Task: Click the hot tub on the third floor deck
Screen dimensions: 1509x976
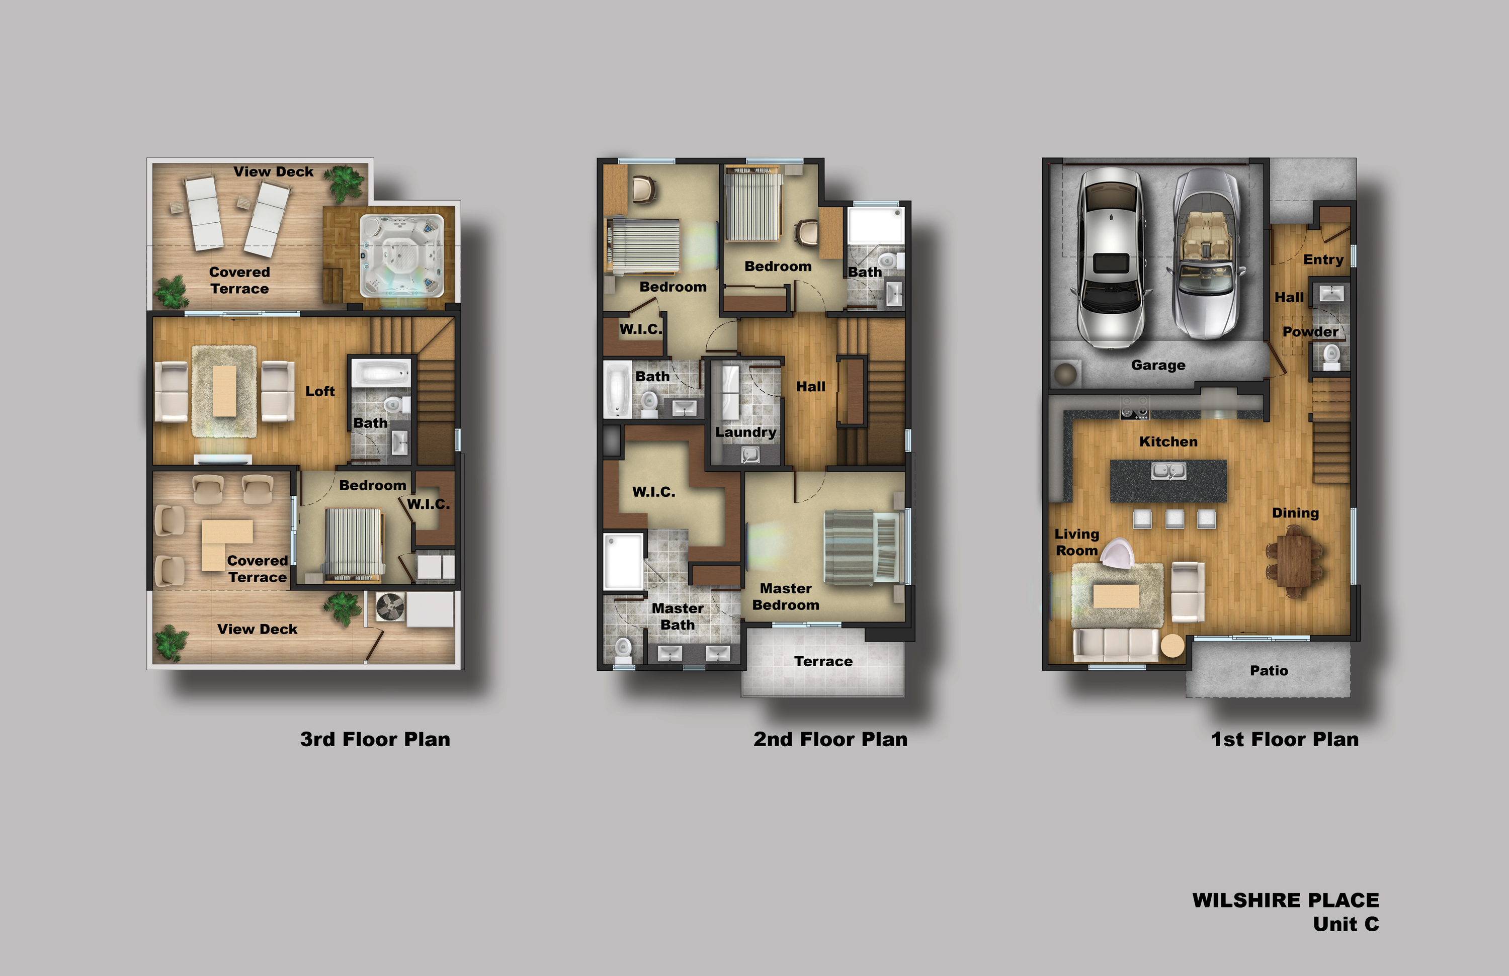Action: coord(402,256)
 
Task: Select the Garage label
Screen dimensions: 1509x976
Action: coord(1158,365)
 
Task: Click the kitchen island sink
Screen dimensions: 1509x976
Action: coord(1168,471)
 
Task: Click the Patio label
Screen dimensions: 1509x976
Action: coord(1269,670)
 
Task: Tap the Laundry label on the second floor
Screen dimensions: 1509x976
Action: coord(745,432)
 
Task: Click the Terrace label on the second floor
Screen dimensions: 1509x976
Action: coord(823,662)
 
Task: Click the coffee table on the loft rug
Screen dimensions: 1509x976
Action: coord(224,391)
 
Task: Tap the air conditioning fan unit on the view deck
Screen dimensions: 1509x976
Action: coord(390,607)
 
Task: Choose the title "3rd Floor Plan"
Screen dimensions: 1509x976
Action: coord(375,739)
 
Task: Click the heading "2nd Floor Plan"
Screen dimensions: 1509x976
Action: coord(830,739)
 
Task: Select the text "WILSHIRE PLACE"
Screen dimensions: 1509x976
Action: coord(1285,900)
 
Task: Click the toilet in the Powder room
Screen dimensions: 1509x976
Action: coord(1331,356)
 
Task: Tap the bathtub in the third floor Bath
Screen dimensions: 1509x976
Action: coord(382,373)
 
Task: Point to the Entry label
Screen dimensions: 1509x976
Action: coord(1323,259)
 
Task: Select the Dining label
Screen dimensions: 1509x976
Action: coord(1295,513)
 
